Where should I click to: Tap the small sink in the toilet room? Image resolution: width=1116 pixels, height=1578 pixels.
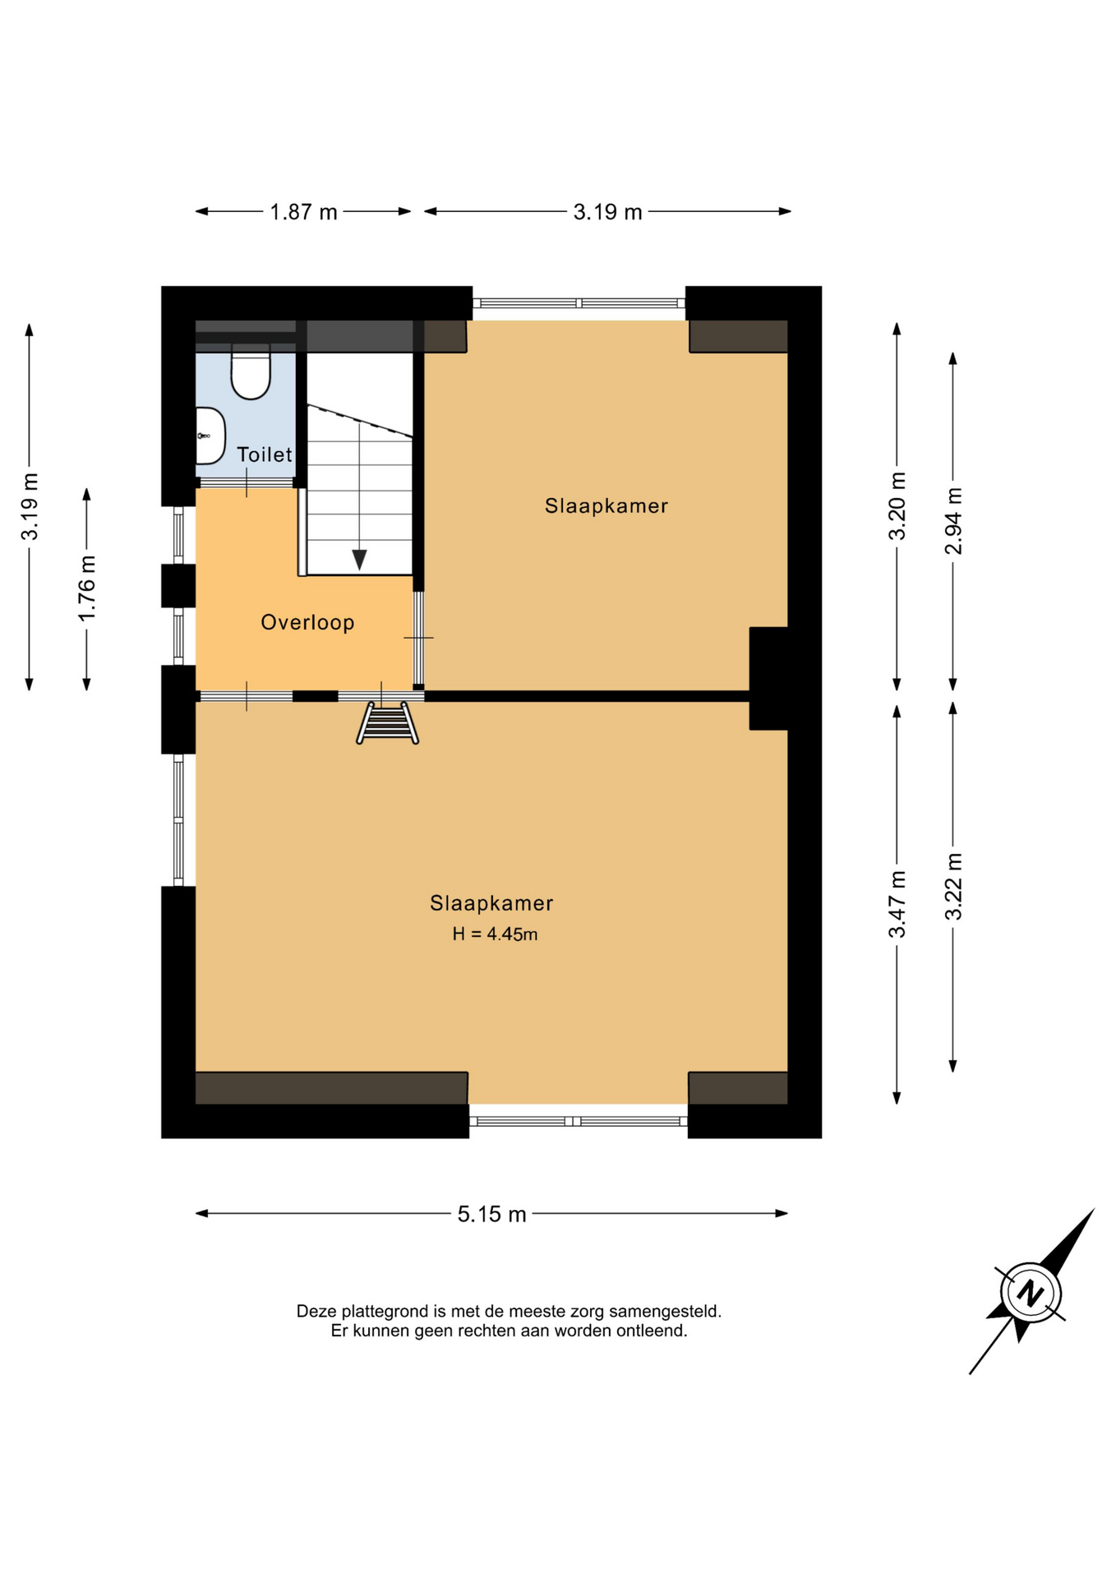[210, 436]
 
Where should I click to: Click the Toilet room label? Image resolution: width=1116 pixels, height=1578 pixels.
[265, 454]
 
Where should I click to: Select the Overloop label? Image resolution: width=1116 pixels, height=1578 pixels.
[307, 622]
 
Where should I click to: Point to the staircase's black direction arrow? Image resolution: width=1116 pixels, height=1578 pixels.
[359, 560]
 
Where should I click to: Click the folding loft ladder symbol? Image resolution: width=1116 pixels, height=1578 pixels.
[387, 723]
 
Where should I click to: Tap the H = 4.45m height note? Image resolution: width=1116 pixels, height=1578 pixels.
[495, 934]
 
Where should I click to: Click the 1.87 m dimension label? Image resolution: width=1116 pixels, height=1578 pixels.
[304, 212]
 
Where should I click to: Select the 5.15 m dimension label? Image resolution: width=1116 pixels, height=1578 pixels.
[491, 1214]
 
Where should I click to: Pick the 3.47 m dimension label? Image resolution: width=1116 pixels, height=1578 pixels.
[897, 904]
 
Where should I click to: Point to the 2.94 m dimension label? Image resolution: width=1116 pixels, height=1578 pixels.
[953, 521]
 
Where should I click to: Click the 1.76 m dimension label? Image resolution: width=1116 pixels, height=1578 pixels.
[87, 588]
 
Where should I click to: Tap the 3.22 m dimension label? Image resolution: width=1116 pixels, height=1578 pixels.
[953, 887]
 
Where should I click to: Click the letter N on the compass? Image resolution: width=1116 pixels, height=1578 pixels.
[1030, 1294]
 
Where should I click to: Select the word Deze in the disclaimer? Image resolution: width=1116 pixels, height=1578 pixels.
[316, 1311]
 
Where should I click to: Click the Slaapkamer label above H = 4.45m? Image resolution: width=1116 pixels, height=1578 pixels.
[491, 903]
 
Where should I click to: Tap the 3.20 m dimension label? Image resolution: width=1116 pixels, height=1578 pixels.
[897, 506]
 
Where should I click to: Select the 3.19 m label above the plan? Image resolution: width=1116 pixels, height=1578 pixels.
[607, 212]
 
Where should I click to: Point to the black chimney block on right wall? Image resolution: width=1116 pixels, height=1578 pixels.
[769, 679]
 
